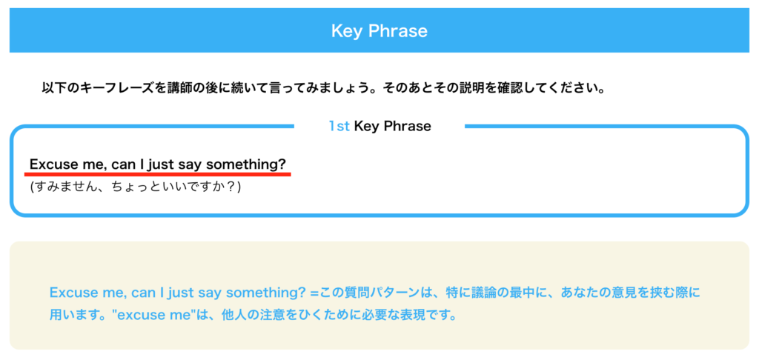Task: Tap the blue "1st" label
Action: (x=339, y=126)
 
